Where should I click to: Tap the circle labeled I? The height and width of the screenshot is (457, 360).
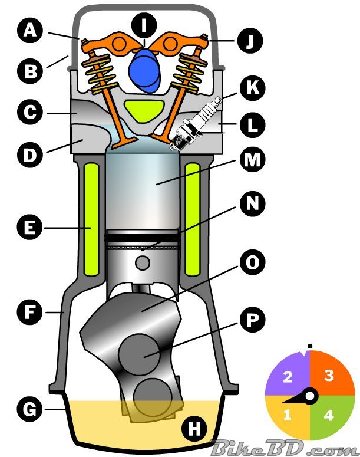[x=144, y=25]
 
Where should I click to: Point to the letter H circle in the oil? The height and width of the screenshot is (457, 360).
[x=193, y=429]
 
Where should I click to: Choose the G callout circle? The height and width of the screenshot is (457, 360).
[x=28, y=407]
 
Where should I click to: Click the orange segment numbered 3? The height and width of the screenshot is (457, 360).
[x=329, y=376]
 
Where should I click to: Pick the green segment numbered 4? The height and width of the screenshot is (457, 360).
[x=329, y=415]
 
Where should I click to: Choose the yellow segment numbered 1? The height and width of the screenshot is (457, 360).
[x=287, y=415]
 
